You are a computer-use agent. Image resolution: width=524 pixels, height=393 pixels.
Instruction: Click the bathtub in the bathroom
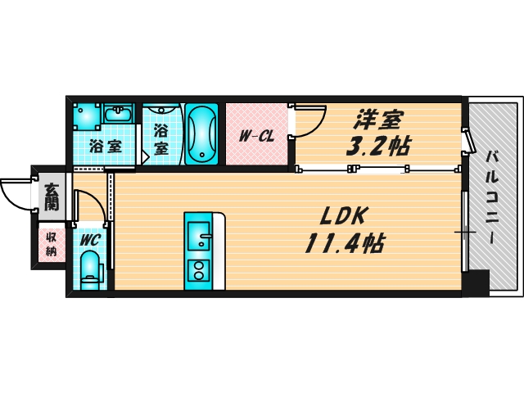(201, 133)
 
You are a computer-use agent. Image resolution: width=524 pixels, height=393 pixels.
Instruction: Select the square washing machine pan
(86, 115)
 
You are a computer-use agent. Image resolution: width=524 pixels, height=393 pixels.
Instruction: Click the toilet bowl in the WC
(90, 268)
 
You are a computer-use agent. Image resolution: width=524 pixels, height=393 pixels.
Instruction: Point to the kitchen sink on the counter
(197, 238)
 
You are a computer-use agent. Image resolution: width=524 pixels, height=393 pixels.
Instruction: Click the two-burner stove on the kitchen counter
(197, 269)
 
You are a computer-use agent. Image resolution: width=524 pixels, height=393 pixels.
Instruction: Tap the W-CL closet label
(255, 136)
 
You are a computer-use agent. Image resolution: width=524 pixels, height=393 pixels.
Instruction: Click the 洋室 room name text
(377, 120)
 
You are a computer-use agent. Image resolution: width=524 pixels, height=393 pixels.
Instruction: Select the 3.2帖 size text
(377, 147)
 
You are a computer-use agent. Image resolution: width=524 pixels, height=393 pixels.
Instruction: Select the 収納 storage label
(51, 243)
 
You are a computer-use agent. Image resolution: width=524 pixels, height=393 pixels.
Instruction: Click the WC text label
(89, 239)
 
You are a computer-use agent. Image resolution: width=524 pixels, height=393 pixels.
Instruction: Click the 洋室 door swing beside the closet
(308, 120)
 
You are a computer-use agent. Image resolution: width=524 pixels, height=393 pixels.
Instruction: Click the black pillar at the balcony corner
(474, 283)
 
